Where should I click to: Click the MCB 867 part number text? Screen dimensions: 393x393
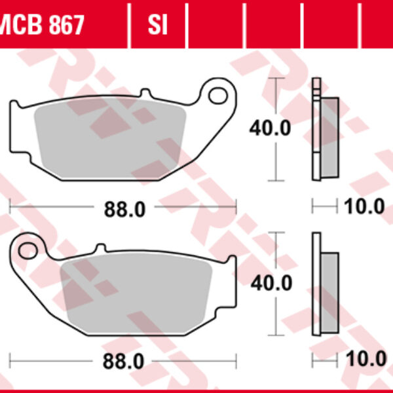coord(43,25)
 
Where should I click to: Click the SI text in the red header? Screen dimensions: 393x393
coord(157,25)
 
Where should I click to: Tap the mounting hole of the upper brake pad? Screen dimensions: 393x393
coord(216,96)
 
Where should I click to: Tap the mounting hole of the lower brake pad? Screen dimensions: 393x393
coord(28,250)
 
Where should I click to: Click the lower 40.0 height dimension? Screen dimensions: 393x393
coord(270,283)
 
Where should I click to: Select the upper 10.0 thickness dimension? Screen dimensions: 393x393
coord(364,208)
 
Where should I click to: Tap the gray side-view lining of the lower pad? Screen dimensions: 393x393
coord(329,291)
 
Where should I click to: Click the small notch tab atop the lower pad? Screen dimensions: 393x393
coord(100,248)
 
